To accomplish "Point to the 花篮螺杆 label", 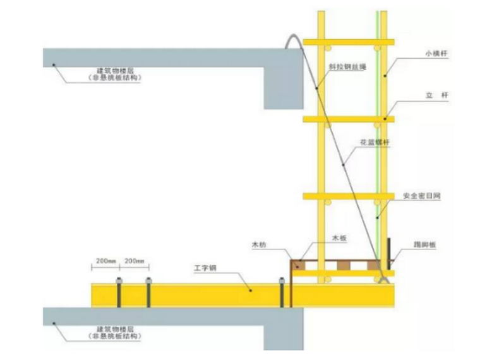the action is tap(375, 143).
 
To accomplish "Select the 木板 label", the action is tap(340, 237).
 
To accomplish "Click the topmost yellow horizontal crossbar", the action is tap(348, 42).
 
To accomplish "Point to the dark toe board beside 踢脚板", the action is tap(389, 253).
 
